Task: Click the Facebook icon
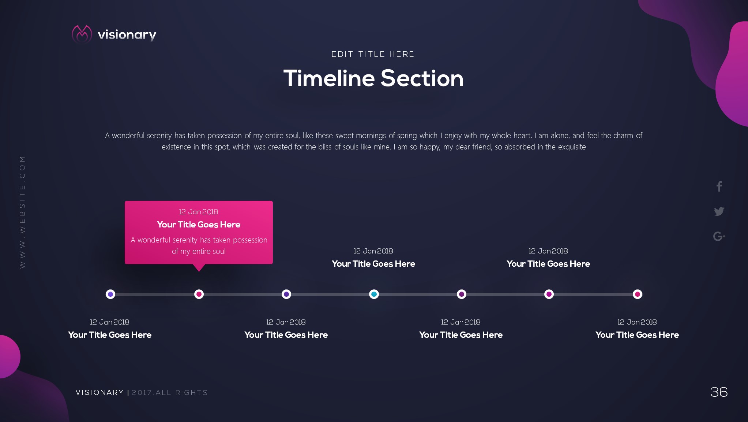click(719, 186)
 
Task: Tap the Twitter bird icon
click(719, 211)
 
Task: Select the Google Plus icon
click(719, 236)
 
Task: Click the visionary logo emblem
click(82, 34)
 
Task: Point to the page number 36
click(719, 392)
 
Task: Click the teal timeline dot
click(374, 294)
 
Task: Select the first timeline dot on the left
click(110, 294)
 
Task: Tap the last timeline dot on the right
click(638, 294)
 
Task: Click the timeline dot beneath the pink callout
click(199, 294)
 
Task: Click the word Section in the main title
click(422, 78)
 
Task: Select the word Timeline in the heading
click(329, 78)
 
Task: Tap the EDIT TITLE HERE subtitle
click(373, 54)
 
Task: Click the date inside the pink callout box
click(199, 212)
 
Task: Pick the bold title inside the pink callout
click(199, 225)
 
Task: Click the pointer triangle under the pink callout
click(199, 268)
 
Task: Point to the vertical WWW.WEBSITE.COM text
click(22, 212)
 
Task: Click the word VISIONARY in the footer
click(99, 392)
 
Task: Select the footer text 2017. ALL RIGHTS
click(170, 392)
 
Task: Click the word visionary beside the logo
click(127, 35)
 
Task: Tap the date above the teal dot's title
click(373, 251)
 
